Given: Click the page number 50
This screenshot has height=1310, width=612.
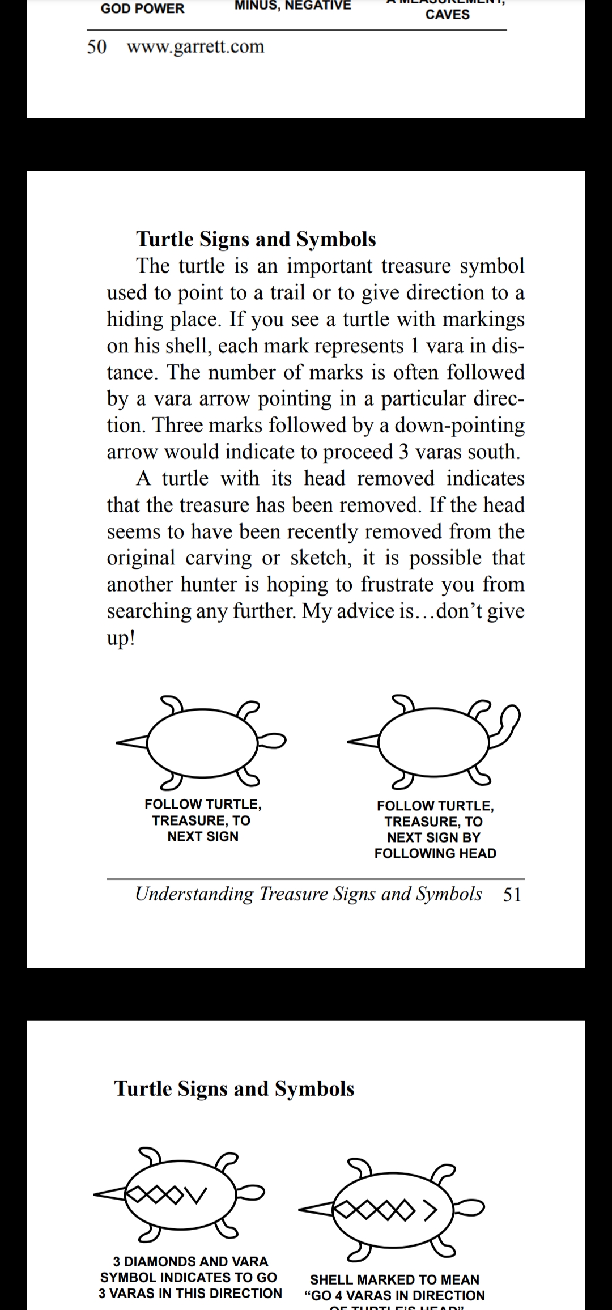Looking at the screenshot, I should (96, 46).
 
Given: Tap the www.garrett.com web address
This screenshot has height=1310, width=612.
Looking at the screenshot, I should (195, 46).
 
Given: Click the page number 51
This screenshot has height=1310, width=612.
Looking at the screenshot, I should (512, 894).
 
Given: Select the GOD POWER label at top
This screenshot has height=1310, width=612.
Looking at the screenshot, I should (142, 8).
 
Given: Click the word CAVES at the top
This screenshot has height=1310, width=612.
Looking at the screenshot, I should (447, 15).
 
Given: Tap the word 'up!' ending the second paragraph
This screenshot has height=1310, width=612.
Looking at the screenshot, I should (121, 638).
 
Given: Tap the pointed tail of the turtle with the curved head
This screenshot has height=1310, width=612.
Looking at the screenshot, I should (363, 741).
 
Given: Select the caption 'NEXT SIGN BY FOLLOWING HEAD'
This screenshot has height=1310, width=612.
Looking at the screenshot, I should (435, 845).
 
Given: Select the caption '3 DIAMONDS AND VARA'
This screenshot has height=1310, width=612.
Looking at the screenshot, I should (190, 1261).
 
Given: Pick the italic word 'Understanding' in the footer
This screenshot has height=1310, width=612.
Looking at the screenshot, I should (194, 894).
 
